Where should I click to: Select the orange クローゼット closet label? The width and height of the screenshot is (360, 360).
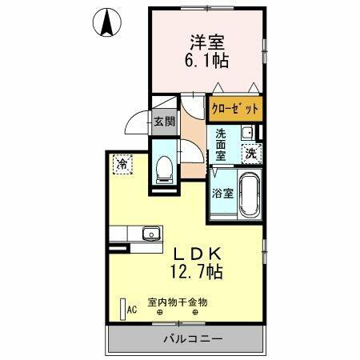[234, 107]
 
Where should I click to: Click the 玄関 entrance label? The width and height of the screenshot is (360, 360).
[164, 122]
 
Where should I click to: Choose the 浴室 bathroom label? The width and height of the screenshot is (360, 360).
[222, 193]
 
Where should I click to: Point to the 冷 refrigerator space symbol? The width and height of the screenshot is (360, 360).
[122, 163]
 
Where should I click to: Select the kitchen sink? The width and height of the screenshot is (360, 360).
[150, 234]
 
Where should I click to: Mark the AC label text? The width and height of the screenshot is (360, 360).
[133, 306]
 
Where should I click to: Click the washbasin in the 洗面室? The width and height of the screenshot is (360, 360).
[247, 132]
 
